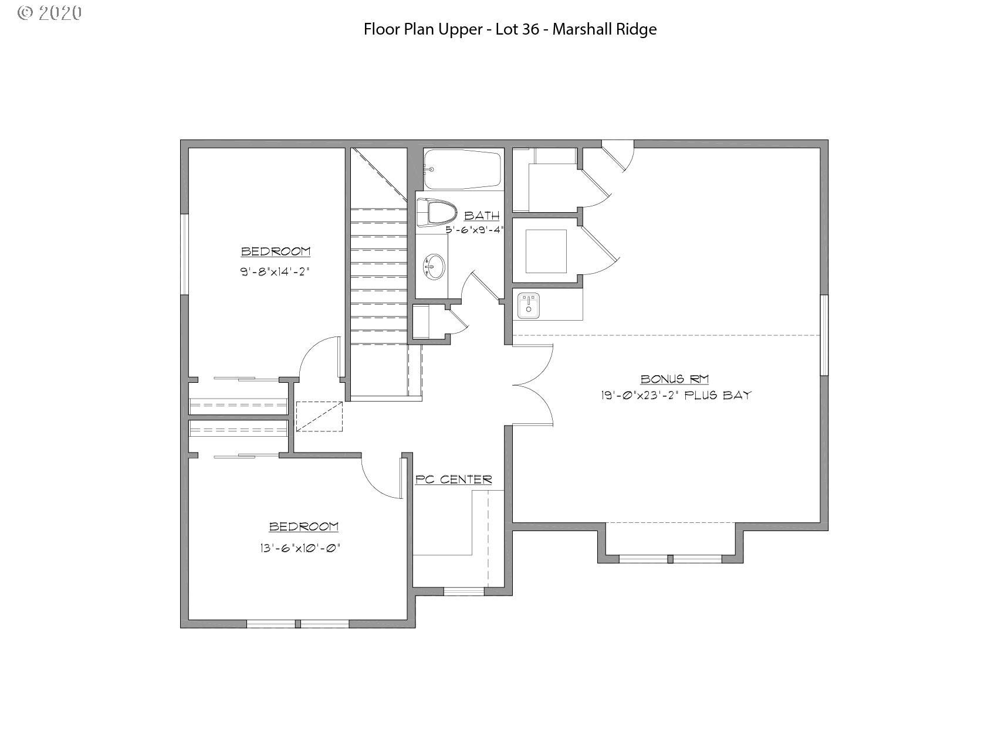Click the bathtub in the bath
click(x=463, y=169)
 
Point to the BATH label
click(x=482, y=216)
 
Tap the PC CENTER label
click(x=454, y=480)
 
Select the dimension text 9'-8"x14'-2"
click(x=275, y=272)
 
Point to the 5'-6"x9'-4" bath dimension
click(x=475, y=230)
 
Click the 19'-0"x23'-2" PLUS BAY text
click(x=675, y=396)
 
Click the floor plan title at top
click(x=510, y=29)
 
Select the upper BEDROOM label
click(x=276, y=251)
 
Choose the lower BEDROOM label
click(x=303, y=527)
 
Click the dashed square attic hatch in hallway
click(x=319, y=416)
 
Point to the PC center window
click(x=464, y=590)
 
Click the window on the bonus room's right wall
click(x=824, y=335)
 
